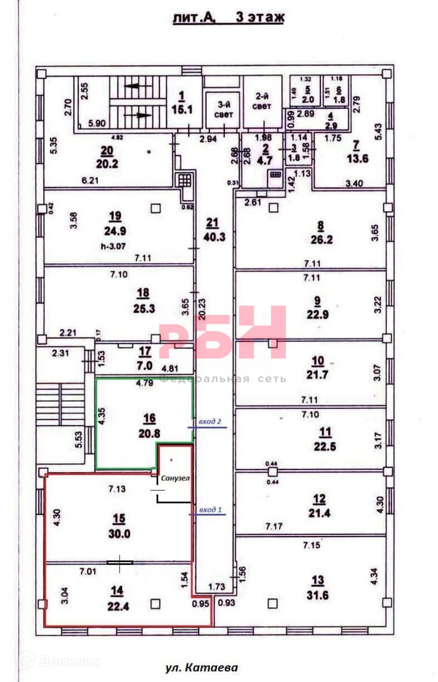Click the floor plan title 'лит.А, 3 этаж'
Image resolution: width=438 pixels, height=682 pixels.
(x=228, y=18)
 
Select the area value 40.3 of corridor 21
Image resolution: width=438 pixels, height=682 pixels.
(x=215, y=237)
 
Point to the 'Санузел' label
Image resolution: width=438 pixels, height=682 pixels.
(x=176, y=478)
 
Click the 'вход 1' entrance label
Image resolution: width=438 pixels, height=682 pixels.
(x=210, y=510)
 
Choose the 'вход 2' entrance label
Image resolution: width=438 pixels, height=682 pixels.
(x=210, y=422)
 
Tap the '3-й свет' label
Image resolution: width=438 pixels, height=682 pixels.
(x=224, y=109)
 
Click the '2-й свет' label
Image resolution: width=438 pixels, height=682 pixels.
(x=262, y=101)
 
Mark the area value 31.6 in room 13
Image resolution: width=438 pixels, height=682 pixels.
(x=318, y=596)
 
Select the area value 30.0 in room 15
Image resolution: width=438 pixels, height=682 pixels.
(x=119, y=534)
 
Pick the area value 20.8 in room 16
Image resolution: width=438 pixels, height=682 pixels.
(x=149, y=434)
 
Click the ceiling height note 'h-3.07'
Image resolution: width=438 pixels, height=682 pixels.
(x=113, y=246)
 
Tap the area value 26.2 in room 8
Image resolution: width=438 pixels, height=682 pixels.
(x=322, y=240)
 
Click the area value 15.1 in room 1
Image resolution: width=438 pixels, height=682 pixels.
(x=182, y=109)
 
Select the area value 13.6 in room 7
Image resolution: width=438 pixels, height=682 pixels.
(x=357, y=159)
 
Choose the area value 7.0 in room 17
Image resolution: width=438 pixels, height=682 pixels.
(x=145, y=366)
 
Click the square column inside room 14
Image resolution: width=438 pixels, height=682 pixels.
(x=155, y=604)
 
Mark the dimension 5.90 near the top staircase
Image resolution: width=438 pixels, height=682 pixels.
(x=97, y=123)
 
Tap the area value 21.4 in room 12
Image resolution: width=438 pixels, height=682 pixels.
(x=319, y=513)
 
